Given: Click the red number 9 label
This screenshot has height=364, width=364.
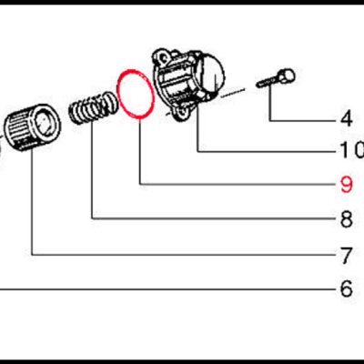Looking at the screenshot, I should click(x=345, y=185).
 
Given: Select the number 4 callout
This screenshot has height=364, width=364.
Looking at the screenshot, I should click(x=345, y=117).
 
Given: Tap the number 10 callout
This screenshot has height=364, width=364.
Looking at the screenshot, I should click(x=350, y=150).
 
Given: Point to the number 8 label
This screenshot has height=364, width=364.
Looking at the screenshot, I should click(x=345, y=219).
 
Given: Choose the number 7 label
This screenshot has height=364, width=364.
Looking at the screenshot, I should click(x=345, y=253).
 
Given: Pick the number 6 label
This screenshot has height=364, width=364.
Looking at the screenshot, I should click(x=345, y=289).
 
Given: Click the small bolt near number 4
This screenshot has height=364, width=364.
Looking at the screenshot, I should click(x=275, y=80).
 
